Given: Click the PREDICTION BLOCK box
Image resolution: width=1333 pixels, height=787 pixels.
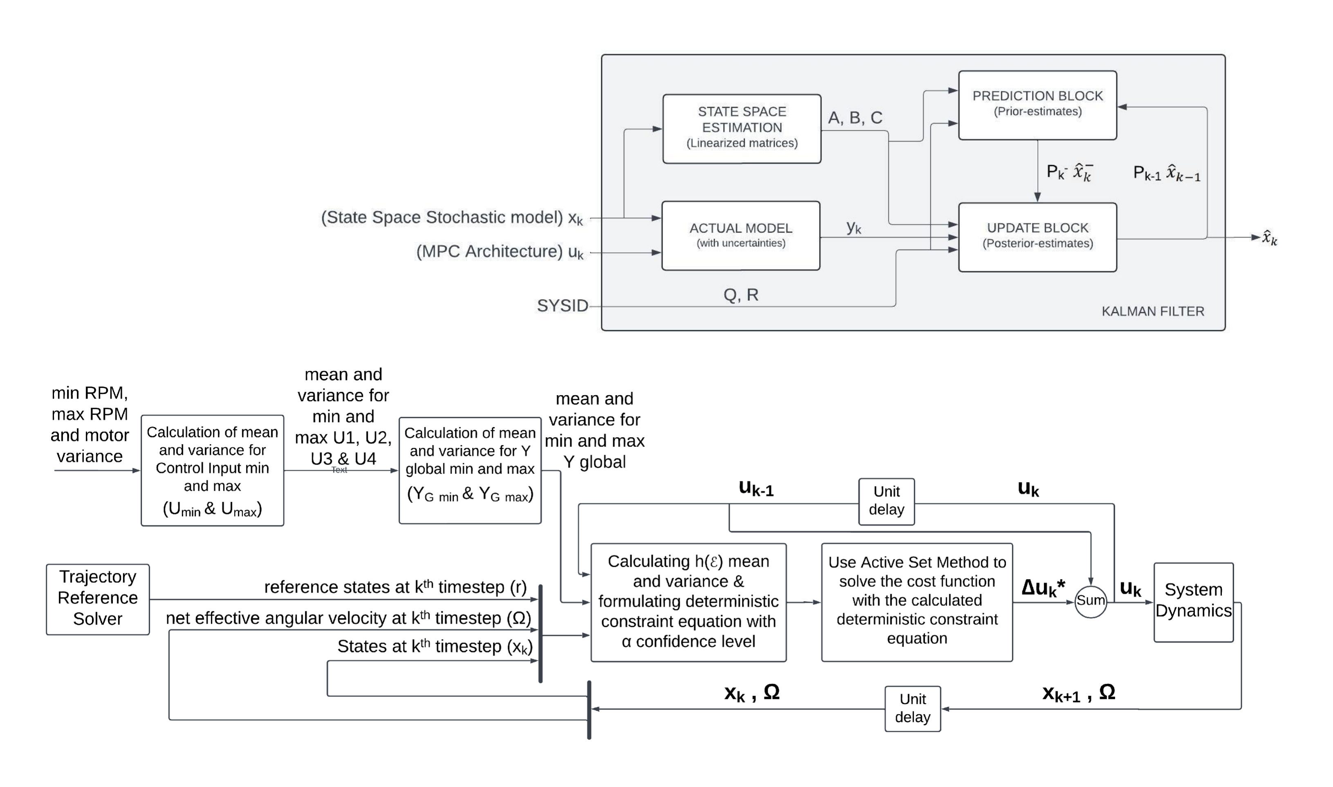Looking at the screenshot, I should click(1037, 105).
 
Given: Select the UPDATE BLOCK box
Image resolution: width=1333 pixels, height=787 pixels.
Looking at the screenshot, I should click(1037, 237).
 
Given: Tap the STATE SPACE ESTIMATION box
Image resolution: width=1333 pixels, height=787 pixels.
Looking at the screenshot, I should click(742, 128).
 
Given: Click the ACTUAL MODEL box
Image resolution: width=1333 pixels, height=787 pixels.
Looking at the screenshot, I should click(741, 235).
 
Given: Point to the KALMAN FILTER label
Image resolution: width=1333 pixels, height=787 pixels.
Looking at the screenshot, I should click(1152, 311).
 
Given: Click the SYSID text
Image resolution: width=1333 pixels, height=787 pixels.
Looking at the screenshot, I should click(562, 306).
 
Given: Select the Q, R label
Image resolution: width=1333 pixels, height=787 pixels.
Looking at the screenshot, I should click(741, 295).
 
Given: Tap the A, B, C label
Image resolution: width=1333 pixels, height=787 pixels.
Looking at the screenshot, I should click(855, 118).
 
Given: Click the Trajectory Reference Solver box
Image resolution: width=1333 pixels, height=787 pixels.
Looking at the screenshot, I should click(98, 599).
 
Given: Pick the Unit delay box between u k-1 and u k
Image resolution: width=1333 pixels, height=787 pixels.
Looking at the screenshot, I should click(886, 501).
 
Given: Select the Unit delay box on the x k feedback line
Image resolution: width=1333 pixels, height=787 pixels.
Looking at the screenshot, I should click(912, 709).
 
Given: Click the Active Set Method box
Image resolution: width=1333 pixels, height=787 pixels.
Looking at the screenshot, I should click(916, 602).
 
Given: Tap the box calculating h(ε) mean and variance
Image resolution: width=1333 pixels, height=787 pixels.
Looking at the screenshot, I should click(688, 602).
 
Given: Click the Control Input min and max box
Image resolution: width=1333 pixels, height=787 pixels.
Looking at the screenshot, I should click(212, 470).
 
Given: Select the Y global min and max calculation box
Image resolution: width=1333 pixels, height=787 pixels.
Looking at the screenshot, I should click(470, 470).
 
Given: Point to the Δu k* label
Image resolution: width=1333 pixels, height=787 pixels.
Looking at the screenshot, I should click(1043, 588).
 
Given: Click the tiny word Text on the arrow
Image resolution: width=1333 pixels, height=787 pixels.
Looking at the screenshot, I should click(339, 470).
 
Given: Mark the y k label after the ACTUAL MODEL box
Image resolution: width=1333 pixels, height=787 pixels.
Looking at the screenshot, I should click(854, 228).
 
